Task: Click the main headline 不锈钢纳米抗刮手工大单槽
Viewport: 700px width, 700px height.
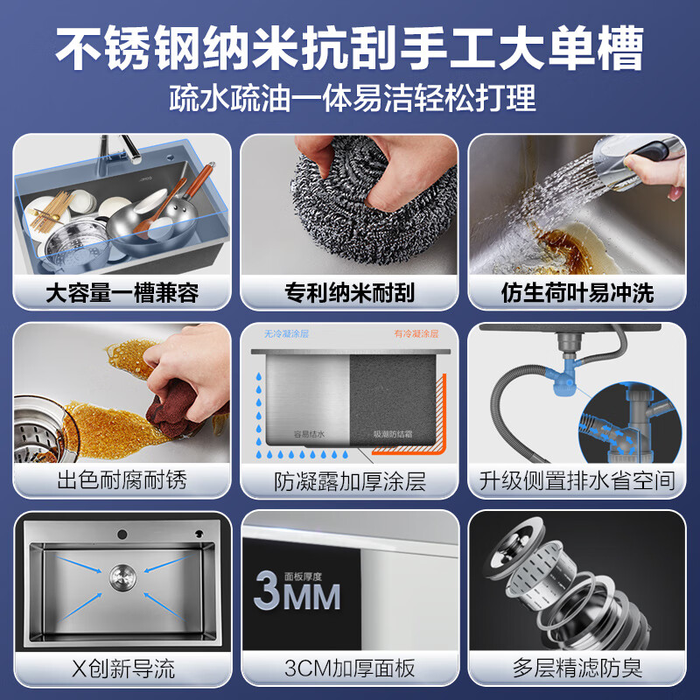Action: pos(350,45)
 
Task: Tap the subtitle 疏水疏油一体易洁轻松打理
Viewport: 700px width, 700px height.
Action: pos(350,97)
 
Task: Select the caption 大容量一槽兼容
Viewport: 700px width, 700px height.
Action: pos(122,292)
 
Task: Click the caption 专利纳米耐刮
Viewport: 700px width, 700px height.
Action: pos(350,292)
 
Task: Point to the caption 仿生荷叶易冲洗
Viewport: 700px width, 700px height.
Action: pos(577,292)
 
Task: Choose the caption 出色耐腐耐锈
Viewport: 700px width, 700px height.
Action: pos(122,480)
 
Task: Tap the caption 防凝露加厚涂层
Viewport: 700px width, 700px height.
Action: pos(350,480)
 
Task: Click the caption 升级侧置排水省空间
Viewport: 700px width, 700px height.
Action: pos(577,480)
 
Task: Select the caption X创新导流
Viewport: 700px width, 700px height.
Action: pos(122,669)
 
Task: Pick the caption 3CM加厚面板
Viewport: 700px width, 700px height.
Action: pos(350,669)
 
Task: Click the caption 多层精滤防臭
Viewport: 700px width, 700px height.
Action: pos(577,669)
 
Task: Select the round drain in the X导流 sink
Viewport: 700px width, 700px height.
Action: pos(122,576)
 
